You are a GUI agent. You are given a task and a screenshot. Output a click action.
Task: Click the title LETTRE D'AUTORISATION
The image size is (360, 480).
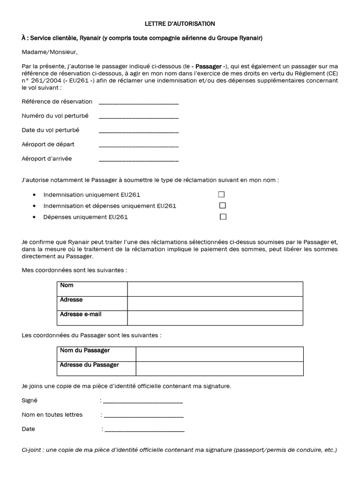[180, 23]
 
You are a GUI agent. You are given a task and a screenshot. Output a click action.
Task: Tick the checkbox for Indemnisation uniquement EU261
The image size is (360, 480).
[221, 194]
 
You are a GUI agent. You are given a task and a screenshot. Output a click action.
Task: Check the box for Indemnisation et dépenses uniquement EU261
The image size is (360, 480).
[223, 205]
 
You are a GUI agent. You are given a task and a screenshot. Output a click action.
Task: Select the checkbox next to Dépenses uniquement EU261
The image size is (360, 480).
[223, 217]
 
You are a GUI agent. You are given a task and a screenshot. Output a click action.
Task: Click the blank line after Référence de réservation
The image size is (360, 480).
[139, 103]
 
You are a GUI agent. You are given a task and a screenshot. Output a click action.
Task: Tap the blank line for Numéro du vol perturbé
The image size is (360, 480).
[139, 117]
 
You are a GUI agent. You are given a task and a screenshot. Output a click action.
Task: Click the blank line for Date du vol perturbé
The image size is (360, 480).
[139, 131]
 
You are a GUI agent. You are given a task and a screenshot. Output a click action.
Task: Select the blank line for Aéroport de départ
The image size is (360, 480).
[139, 145]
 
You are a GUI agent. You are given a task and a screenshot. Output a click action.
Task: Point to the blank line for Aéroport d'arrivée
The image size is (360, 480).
[139, 160]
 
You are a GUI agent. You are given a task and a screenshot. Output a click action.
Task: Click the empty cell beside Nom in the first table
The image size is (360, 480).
[215, 289]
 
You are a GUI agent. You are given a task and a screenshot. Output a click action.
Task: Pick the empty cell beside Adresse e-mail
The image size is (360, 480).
[215, 318]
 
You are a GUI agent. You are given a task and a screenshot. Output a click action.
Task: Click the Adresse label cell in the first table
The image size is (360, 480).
[92, 303]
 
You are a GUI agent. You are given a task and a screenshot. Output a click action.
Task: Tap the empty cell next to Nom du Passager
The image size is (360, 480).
[219, 354]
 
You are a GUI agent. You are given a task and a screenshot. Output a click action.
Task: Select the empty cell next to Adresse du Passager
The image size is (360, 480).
[219, 368]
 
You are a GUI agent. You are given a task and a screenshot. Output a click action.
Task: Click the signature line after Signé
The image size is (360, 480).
[143, 401]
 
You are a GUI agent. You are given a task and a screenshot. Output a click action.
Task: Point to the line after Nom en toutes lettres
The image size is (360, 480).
[143, 415]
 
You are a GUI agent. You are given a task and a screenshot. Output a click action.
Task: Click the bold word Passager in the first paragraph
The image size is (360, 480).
[209, 67]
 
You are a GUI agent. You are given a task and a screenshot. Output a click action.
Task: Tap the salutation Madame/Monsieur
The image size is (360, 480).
[49, 52]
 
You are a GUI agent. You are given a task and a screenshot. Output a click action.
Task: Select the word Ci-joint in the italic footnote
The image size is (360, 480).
[33, 450]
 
